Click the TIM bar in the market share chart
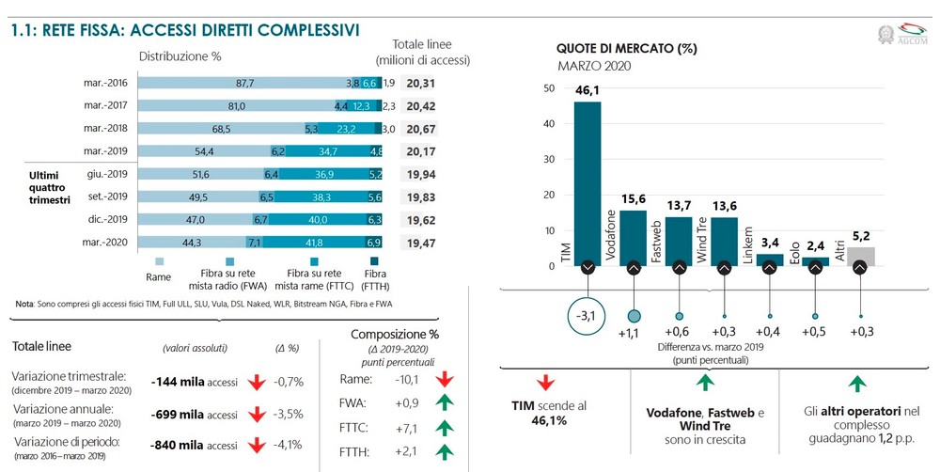tap(587, 179)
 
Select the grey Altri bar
tap(859, 256)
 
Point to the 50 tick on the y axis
tap(548, 88)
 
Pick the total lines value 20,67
tap(422, 128)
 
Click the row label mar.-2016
tap(106, 84)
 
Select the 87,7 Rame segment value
tap(245, 84)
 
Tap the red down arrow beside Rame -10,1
tap(445, 379)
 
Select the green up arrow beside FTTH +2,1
tap(445, 451)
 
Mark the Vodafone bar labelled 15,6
tap(634, 235)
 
